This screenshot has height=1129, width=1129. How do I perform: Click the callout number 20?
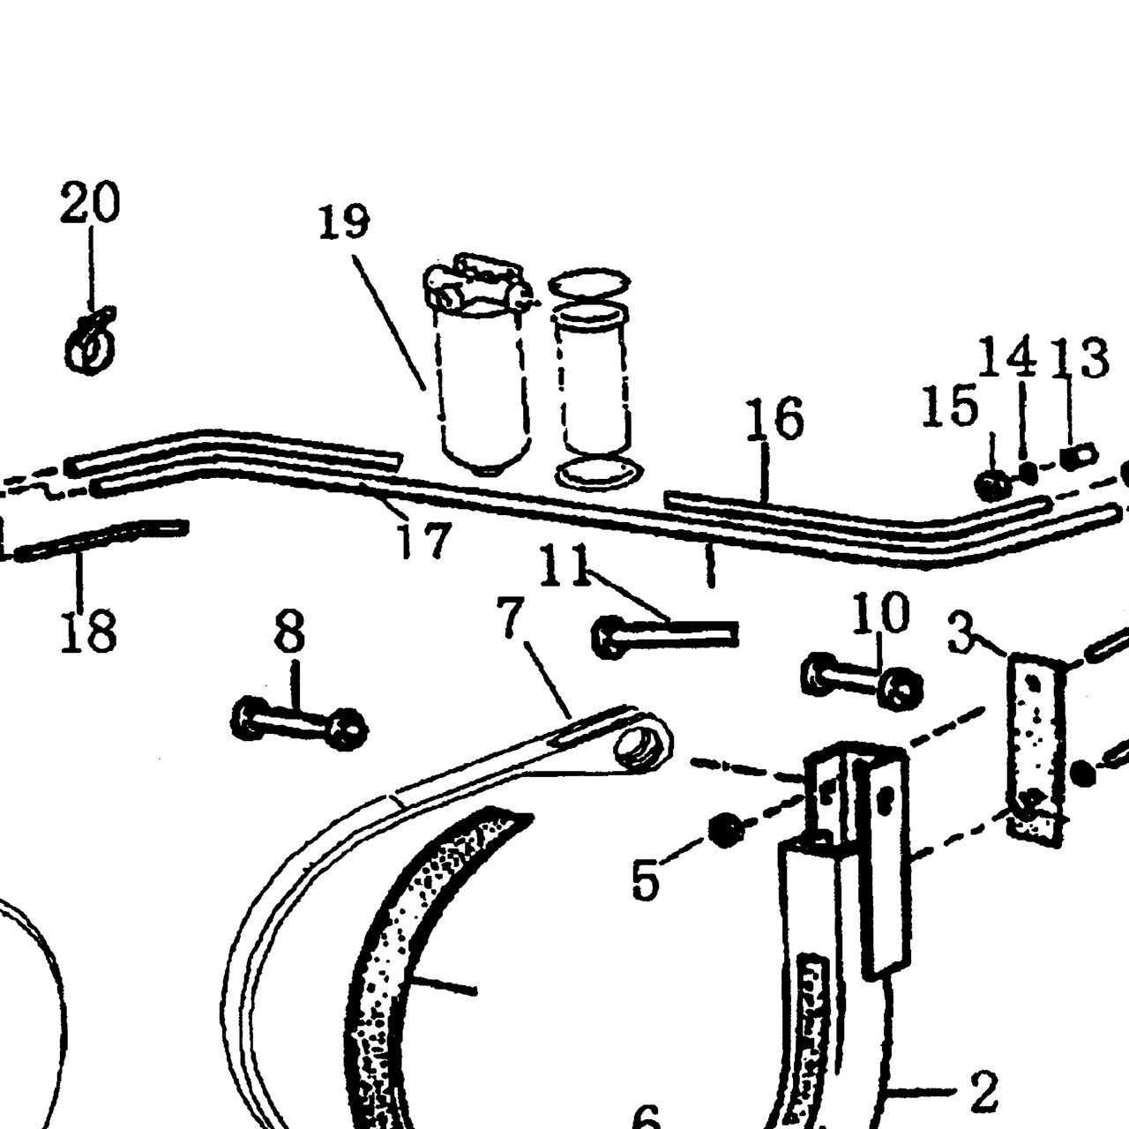coord(90,203)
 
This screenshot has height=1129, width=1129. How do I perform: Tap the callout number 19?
coord(345,221)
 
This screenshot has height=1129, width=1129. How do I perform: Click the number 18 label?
coord(89,630)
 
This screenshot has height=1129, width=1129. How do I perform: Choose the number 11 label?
coord(564,564)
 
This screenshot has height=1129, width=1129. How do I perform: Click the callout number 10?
coord(880,613)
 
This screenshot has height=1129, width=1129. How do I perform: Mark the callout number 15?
coord(950,406)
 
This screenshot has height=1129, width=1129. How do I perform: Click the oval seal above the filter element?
coord(589,283)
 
